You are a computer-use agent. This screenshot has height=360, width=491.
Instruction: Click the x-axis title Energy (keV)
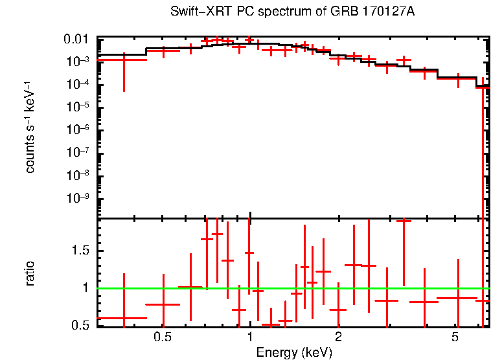tap(294, 352)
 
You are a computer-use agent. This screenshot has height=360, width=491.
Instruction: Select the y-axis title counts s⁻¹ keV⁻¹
tap(30, 128)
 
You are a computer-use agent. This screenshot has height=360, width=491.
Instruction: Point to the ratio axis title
tap(30, 273)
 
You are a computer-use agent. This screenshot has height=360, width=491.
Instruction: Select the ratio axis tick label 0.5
tap(83, 325)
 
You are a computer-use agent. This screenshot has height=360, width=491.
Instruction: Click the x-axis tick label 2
tap(338, 337)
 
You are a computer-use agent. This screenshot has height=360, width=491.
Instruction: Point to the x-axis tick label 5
tap(455, 337)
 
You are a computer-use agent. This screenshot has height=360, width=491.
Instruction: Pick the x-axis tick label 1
tap(250, 337)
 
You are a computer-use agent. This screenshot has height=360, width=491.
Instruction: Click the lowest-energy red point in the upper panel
tap(124, 60)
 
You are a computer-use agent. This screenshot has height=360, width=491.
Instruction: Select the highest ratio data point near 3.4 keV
tap(404, 221)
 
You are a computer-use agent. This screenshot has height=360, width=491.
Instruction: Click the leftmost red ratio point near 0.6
tap(124, 318)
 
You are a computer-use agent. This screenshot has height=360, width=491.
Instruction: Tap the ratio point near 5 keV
tap(457, 298)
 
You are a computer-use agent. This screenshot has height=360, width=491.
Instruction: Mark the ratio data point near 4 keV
tap(424, 302)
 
